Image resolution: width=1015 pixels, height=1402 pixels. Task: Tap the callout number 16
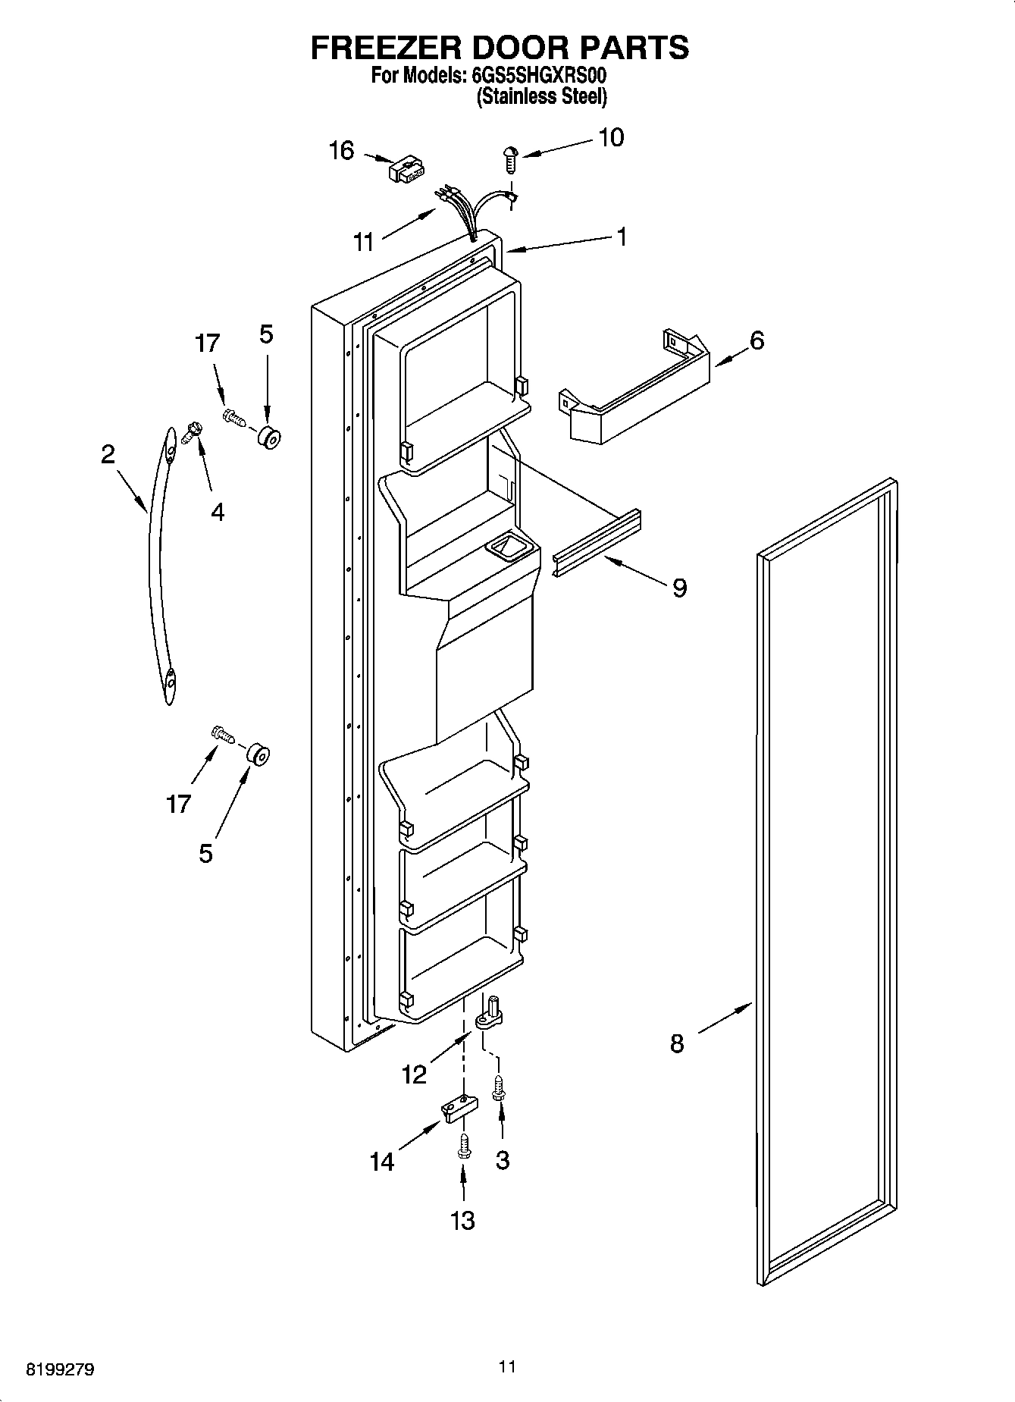tap(341, 151)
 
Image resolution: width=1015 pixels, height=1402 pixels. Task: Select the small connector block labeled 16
tap(406, 169)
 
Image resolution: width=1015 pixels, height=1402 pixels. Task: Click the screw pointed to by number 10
tap(510, 157)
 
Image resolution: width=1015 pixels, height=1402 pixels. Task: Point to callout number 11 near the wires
tap(364, 243)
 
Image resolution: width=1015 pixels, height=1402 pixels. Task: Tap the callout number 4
tap(218, 512)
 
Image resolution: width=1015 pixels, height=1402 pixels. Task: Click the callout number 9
tap(679, 587)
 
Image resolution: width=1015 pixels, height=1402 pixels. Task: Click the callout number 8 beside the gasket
tap(677, 1043)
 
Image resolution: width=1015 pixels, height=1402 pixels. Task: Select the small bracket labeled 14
tap(459, 1109)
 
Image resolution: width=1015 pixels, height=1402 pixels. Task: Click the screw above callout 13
tap(463, 1146)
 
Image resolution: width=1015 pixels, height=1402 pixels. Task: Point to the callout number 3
tap(502, 1159)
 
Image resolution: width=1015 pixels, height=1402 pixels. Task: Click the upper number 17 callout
tap(207, 343)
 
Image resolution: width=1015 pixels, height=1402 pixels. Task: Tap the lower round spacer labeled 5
tap(258, 755)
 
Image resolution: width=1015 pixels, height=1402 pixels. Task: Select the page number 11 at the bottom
tap(507, 1366)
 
